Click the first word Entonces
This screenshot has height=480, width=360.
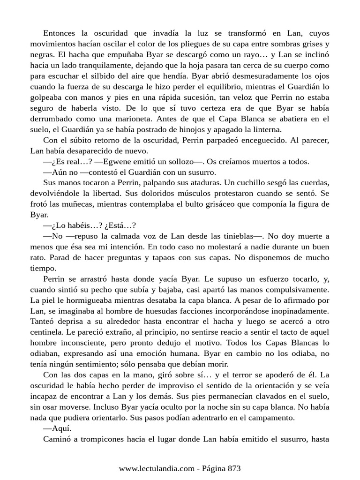pyautogui.click(x=59, y=33)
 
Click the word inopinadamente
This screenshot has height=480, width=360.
pyautogui.click(x=298, y=308)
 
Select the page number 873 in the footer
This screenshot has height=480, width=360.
pyautogui.click(x=233, y=468)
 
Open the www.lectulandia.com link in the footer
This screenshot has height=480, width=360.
pyautogui.click(x=156, y=468)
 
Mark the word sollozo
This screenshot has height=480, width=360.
pyautogui.click(x=179, y=162)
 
